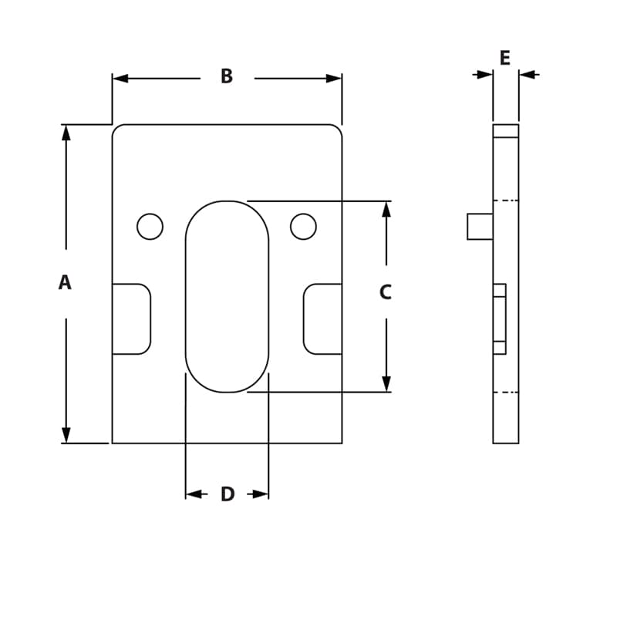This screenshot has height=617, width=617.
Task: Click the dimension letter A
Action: click(x=65, y=283)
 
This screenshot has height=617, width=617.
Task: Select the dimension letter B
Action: click(x=227, y=76)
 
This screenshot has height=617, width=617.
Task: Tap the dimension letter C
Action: click(x=386, y=292)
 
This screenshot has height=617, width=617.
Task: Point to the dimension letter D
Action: click(x=228, y=494)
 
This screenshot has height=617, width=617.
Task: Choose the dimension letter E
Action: click(x=505, y=58)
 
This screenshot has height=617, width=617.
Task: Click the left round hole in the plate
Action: click(x=150, y=227)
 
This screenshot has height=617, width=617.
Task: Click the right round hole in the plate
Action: click(x=303, y=227)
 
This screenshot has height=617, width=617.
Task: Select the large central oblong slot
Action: click(x=227, y=296)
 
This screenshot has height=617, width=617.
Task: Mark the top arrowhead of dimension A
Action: click(x=66, y=133)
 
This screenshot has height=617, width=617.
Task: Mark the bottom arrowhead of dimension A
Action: click(x=66, y=435)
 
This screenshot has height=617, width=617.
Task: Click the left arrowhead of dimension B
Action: click(x=120, y=79)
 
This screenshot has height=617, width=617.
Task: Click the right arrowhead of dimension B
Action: click(x=333, y=79)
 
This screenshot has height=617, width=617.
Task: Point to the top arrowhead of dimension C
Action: click(x=386, y=209)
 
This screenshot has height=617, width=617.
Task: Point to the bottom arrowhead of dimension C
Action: click(x=386, y=383)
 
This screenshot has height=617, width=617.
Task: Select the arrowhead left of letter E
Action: click(x=484, y=75)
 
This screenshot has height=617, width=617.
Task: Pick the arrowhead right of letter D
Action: click(x=260, y=494)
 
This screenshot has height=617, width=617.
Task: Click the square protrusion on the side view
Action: click(x=480, y=227)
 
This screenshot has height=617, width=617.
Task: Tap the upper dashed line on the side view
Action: click(x=505, y=201)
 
